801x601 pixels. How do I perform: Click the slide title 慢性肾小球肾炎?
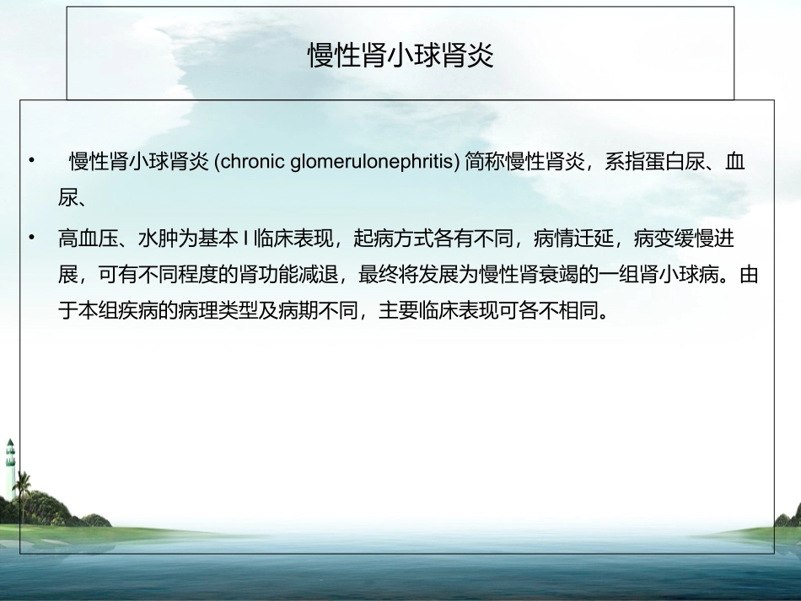400,55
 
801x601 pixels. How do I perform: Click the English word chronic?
252,162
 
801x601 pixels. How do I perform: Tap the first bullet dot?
32,160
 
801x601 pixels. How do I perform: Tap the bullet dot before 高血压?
32,237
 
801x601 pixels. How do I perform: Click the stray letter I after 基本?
245,239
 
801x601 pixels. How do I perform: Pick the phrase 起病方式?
394,239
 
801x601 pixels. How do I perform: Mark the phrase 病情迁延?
573,239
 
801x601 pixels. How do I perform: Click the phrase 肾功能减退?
288,275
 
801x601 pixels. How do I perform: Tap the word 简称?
485,162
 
